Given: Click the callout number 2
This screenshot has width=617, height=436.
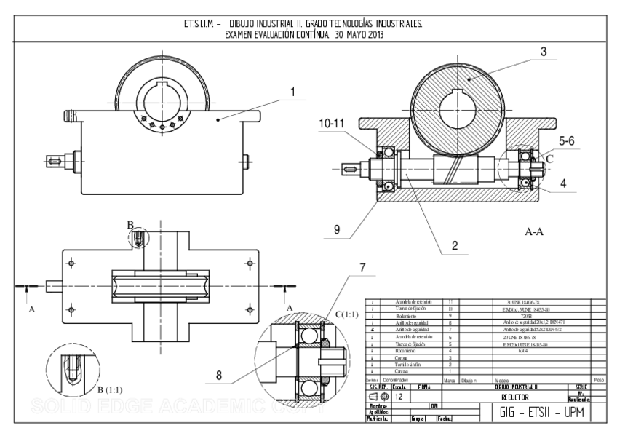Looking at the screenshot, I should (454, 246).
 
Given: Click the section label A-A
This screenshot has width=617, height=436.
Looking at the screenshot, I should (536, 232).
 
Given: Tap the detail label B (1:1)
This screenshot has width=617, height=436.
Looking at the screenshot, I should (115, 389).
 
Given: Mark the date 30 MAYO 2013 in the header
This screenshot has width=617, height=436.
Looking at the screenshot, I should (349, 34).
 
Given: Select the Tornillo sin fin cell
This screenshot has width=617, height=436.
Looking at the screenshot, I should (400, 365).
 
